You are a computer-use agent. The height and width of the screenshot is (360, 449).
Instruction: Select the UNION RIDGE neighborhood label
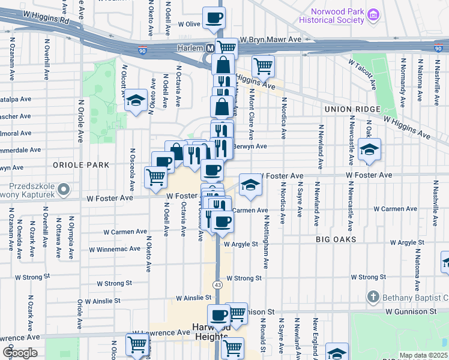pyautogui.click(x=352, y=109)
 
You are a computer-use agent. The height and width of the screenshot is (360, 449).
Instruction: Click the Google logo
pyautogui.click(x=20, y=352)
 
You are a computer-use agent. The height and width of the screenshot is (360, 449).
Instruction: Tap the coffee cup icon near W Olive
pyautogui.click(x=213, y=18)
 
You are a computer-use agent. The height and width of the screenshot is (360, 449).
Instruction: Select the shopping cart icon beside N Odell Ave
pyautogui.click(x=155, y=178)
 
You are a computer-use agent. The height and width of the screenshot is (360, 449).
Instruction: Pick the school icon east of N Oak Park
pyautogui.click(x=369, y=150)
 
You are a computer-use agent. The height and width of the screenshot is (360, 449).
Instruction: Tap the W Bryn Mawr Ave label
pyautogui.click(x=270, y=40)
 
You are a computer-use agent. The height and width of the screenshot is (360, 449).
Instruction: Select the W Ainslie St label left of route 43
pyautogui.click(x=193, y=298)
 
